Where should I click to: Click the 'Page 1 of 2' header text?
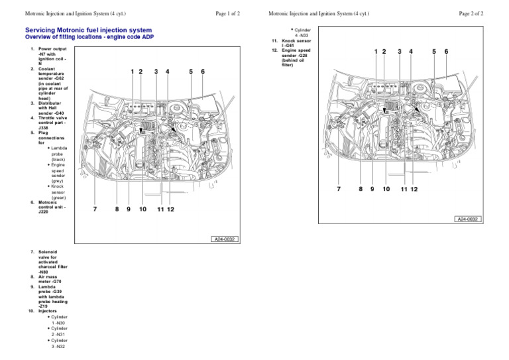point(227,13)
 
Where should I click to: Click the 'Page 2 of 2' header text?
point(471,13)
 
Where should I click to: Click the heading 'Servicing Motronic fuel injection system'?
point(88,30)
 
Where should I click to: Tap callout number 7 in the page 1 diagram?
point(95,210)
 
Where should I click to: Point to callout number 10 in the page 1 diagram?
point(142,210)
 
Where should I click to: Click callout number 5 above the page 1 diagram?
point(190,71)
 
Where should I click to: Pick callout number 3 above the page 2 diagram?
point(399,51)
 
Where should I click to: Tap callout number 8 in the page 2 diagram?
point(361,189)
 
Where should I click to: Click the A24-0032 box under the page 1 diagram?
point(226,239)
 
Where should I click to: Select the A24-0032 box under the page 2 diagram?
point(467,219)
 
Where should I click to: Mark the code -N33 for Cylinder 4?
point(306,35)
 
